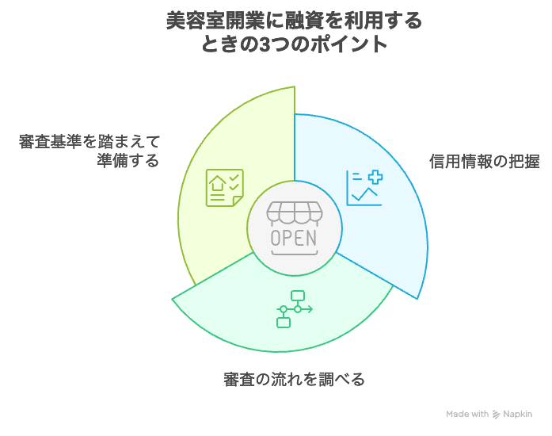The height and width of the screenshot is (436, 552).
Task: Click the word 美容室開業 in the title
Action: [215, 21]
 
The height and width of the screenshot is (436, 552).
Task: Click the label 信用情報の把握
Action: [484, 162]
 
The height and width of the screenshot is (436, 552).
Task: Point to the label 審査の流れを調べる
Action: [295, 379]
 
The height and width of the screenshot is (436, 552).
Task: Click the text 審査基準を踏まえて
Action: [89, 142]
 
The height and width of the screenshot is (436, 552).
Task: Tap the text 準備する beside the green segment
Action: [128, 160]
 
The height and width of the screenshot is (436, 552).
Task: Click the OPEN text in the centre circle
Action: [294, 238]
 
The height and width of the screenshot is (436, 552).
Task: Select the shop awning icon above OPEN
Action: [295, 213]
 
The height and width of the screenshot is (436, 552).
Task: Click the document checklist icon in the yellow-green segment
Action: [225, 188]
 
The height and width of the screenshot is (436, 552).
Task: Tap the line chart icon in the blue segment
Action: [364, 188]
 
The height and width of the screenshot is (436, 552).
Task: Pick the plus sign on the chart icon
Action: [375, 177]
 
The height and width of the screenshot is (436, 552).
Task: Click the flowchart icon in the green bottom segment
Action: [295, 309]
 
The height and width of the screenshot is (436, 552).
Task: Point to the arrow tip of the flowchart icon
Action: [312, 309]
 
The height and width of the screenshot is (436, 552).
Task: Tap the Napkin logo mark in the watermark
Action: [496, 414]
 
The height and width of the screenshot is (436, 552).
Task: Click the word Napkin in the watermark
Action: [517, 414]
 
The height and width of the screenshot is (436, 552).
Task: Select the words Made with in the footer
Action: [467, 414]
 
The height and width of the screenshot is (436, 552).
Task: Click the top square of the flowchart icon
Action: [298, 296]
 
